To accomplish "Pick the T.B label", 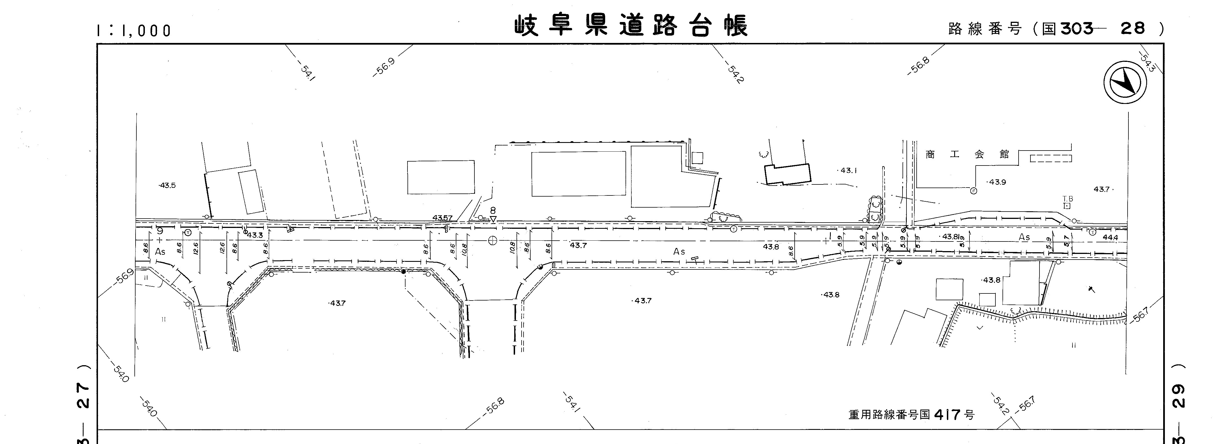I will pyautogui.click(x=1067, y=199).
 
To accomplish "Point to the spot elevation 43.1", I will pyautogui.click(x=848, y=171).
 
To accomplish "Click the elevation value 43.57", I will pyautogui.click(x=442, y=218).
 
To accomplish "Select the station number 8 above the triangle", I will pyautogui.click(x=493, y=210).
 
